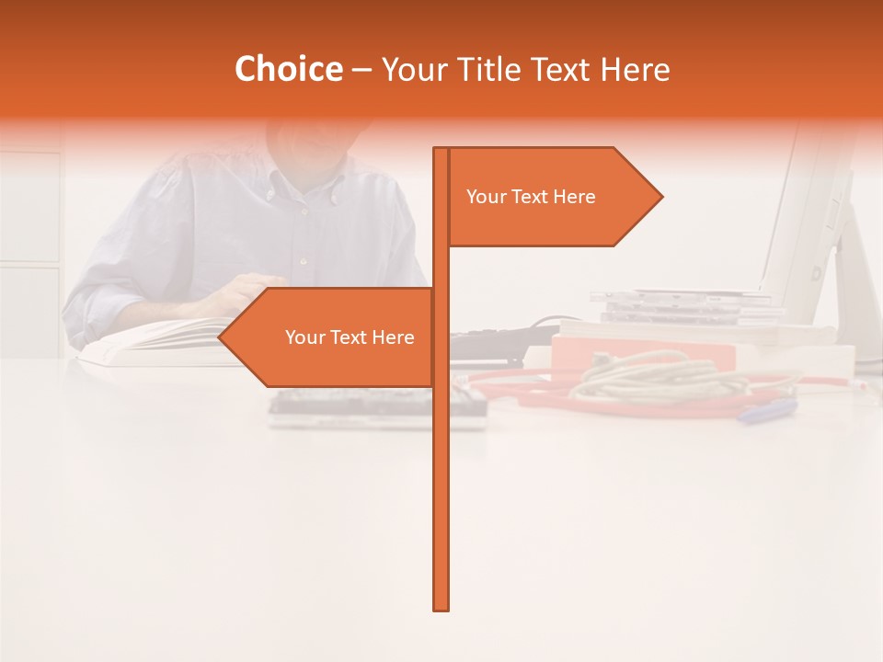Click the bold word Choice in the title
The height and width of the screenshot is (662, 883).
288,69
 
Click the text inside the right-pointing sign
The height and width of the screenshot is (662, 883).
531,197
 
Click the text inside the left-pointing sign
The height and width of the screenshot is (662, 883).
350,337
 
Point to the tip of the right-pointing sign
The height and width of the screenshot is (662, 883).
659,196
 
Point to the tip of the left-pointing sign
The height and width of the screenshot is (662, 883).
222,337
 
